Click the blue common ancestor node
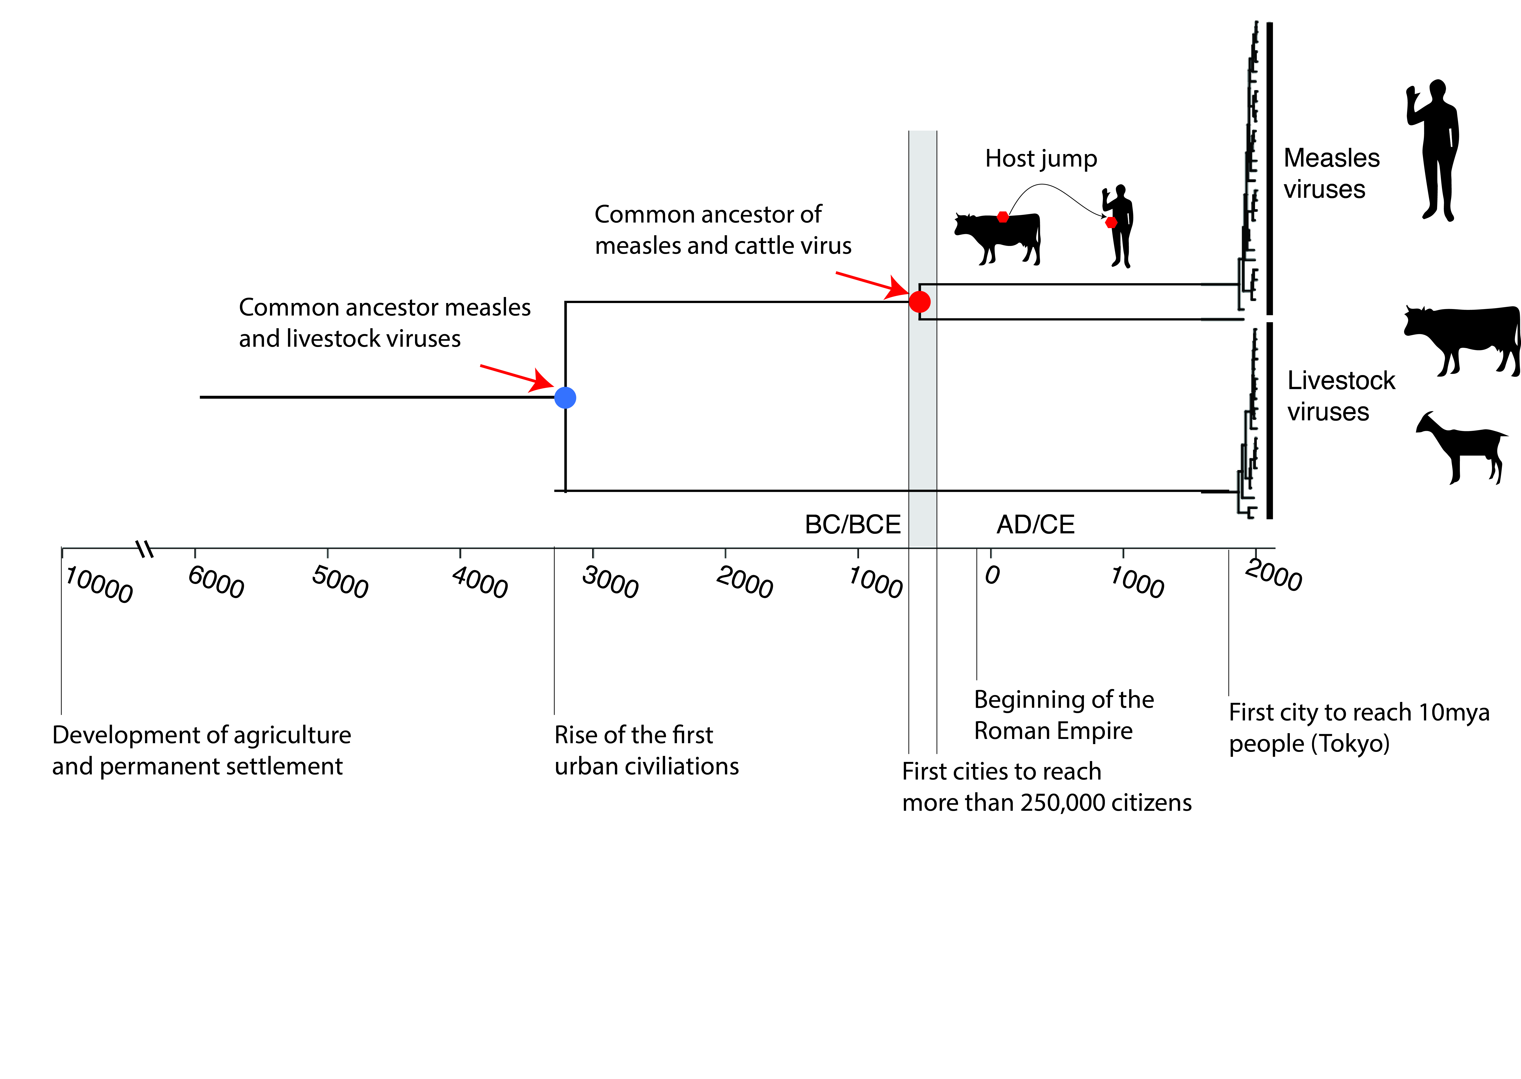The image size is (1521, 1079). click(565, 397)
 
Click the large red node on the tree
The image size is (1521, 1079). click(919, 302)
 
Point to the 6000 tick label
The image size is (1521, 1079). click(216, 582)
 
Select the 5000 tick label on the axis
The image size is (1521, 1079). click(340, 582)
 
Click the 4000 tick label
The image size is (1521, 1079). click(479, 582)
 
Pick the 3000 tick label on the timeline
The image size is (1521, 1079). click(610, 582)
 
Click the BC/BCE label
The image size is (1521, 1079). click(852, 525)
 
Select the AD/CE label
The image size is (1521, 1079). click(1035, 525)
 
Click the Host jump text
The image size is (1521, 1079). click(1041, 159)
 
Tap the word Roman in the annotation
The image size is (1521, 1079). click(1013, 731)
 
